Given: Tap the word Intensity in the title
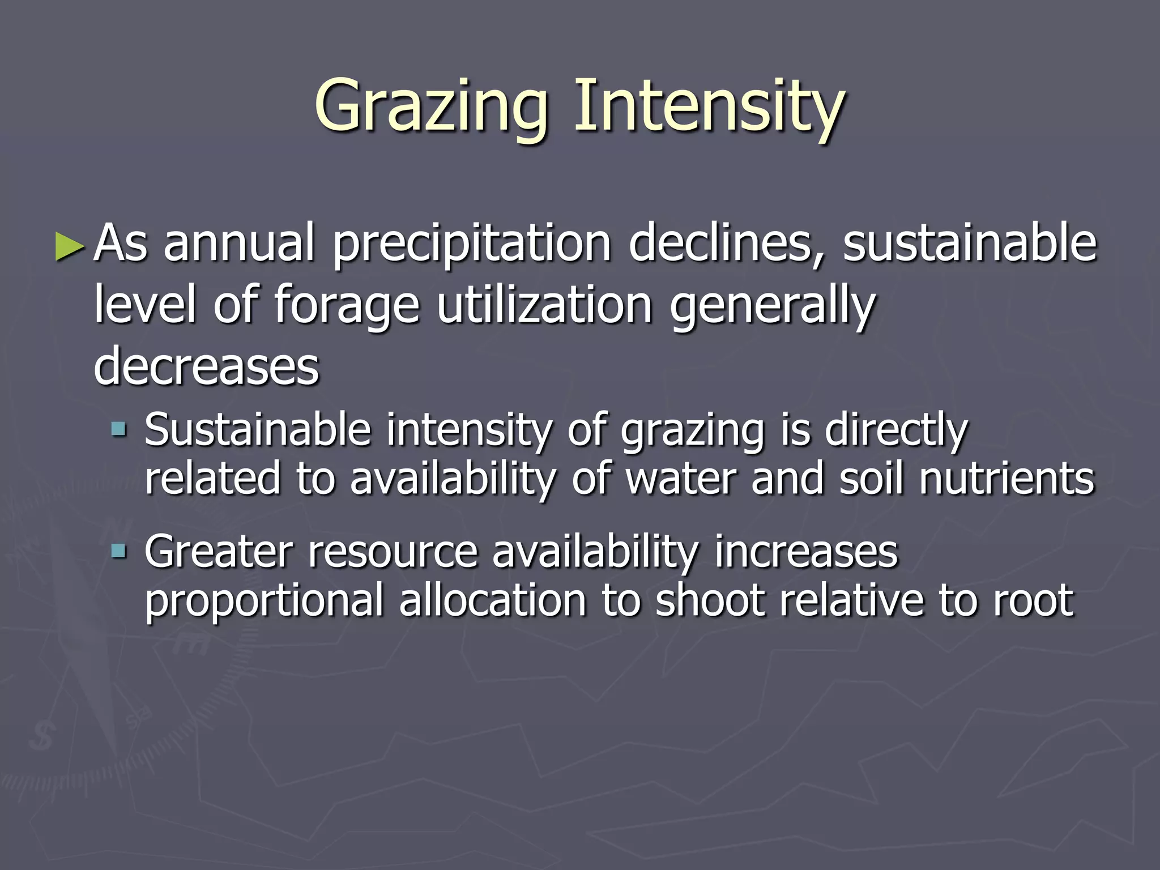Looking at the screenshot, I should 709,108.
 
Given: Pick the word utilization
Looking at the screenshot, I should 544,306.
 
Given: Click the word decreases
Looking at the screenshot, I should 207,367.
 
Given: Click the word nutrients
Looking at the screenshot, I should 1007,479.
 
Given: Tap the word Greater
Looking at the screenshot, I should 219,552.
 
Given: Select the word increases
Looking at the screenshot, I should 806,552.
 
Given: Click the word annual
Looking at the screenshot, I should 238,244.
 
